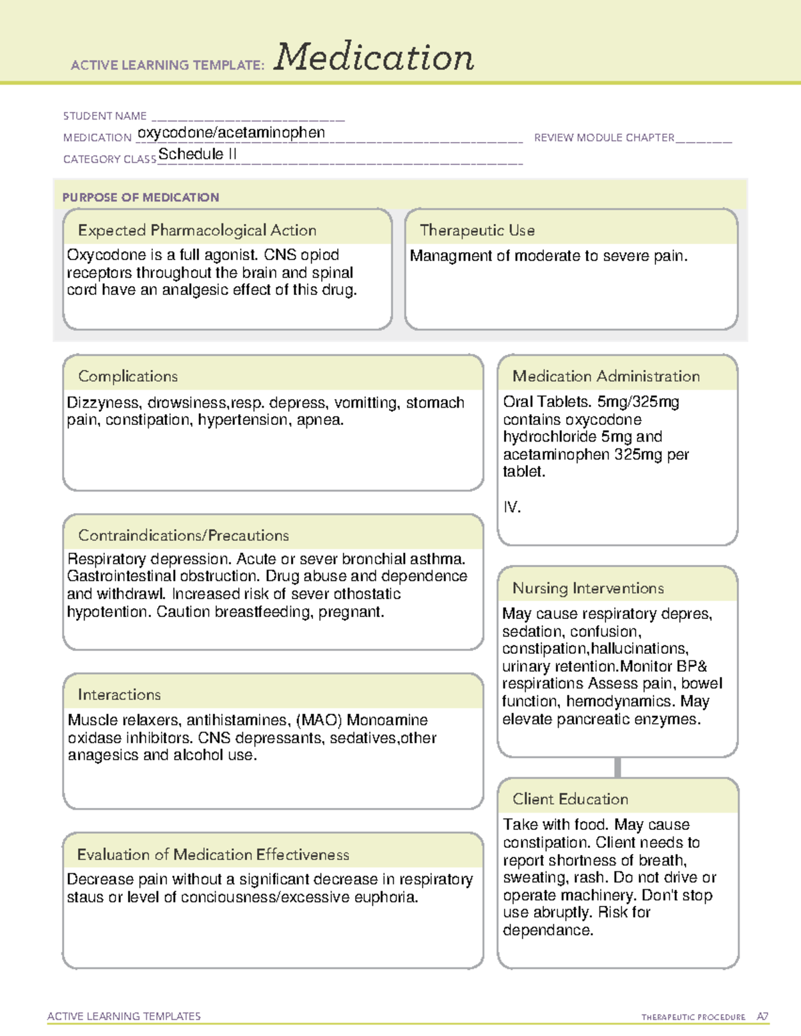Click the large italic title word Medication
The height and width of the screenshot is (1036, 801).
tap(374, 57)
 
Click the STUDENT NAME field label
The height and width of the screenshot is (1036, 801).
tap(105, 116)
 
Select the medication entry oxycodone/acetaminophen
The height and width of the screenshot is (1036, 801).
tap(231, 133)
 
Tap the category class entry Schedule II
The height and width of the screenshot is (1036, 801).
tap(198, 154)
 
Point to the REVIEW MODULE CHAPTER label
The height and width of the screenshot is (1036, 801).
tap(604, 138)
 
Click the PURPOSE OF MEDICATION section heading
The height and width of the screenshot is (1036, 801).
tap(141, 197)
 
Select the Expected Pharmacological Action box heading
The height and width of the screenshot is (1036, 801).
tap(197, 230)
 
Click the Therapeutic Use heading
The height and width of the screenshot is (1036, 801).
tap(477, 230)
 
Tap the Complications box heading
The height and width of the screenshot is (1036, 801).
tap(127, 376)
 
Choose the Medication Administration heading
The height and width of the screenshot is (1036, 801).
tap(605, 376)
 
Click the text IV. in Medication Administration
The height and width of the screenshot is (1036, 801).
tap(512, 507)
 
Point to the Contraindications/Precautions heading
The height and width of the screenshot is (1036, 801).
tap(184, 535)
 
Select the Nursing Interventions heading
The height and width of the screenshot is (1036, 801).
tap(588, 588)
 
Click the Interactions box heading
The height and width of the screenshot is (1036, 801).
tap(119, 694)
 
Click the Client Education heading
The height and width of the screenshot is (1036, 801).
tap(570, 799)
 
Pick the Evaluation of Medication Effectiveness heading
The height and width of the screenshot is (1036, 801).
tap(213, 855)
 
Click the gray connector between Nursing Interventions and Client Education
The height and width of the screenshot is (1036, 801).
tap(617, 767)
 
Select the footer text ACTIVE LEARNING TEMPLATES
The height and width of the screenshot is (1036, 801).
tap(124, 1016)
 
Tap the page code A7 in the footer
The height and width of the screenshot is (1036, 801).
tap(762, 1017)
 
